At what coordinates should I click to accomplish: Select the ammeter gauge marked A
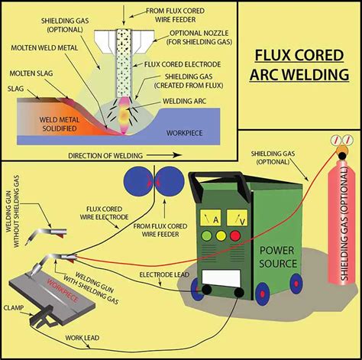(214, 219)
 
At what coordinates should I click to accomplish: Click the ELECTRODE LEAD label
(161, 273)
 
